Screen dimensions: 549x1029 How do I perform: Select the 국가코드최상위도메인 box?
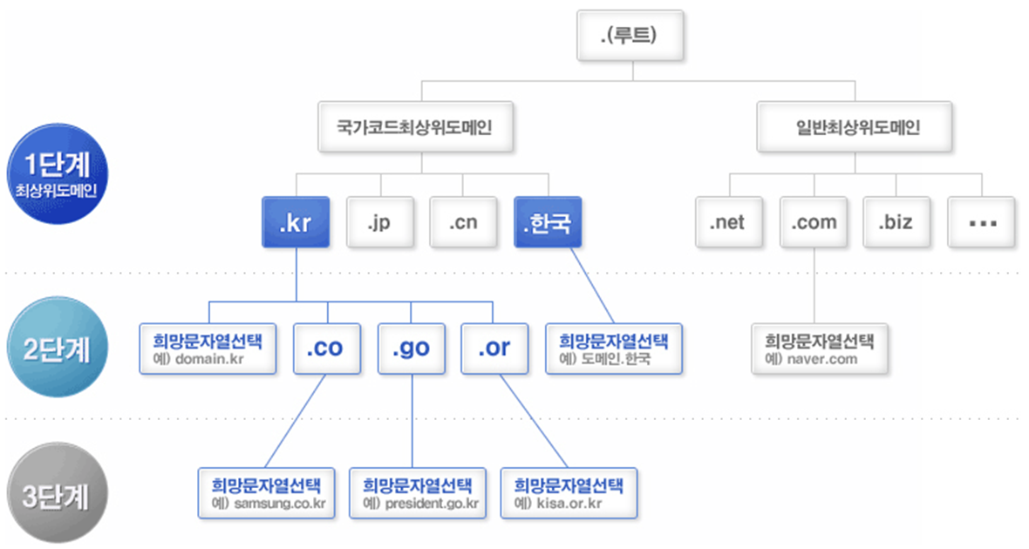point(422,128)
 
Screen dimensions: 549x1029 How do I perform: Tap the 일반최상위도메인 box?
point(858,128)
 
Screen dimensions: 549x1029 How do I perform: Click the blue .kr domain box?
point(296,222)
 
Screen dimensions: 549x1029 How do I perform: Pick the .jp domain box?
point(379,222)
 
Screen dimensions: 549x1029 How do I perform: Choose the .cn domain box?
point(463,222)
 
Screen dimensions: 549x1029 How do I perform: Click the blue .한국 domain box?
point(547,222)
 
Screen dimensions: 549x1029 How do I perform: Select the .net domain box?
point(730,222)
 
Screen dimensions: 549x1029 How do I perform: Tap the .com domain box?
point(814,222)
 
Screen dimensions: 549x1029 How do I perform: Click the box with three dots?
point(982,222)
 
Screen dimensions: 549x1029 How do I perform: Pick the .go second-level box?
point(411,349)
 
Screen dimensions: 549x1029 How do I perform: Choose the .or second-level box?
point(494,349)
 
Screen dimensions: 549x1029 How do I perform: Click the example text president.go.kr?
point(426,504)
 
